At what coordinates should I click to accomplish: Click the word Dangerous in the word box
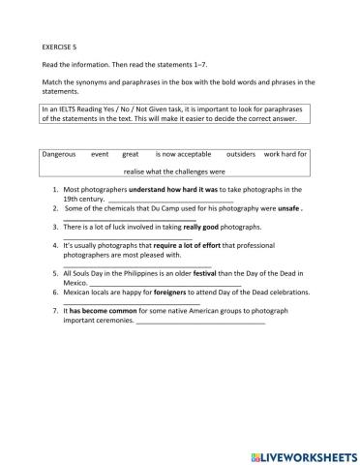[x=61, y=153]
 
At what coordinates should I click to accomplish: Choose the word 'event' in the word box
[x=100, y=153]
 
